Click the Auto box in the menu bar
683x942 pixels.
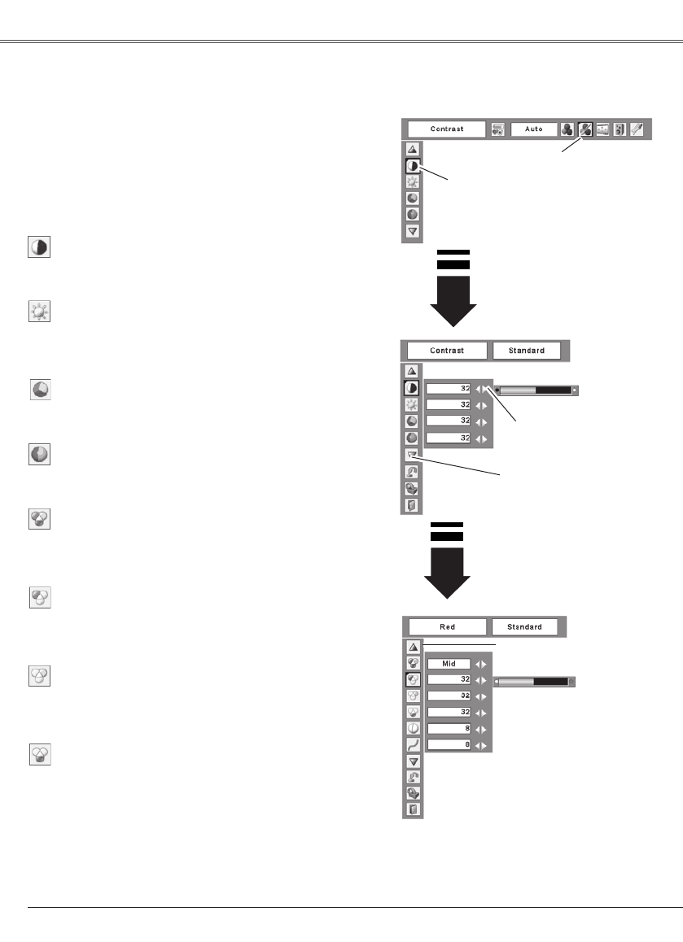[x=533, y=129]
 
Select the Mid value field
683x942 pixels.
[x=449, y=663]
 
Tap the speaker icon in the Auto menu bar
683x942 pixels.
[x=620, y=129]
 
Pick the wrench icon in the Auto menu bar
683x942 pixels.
[x=636, y=129]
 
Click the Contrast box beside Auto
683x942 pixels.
[x=446, y=129]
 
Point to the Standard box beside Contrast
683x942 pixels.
[x=527, y=351]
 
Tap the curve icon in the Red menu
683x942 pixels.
[x=414, y=744]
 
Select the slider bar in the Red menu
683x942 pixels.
[x=534, y=681]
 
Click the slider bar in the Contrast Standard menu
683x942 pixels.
[x=536, y=390]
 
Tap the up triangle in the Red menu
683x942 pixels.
[x=414, y=647]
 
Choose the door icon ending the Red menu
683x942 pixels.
[x=414, y=809]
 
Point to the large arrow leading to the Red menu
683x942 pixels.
[x=448, y=569]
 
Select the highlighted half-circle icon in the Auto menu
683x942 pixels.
[x=413, y=166]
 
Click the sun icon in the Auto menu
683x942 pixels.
[x=413, y=182]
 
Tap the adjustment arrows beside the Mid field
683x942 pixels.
[x=480, y=663]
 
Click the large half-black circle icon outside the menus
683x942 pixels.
[x=38, y=247]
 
